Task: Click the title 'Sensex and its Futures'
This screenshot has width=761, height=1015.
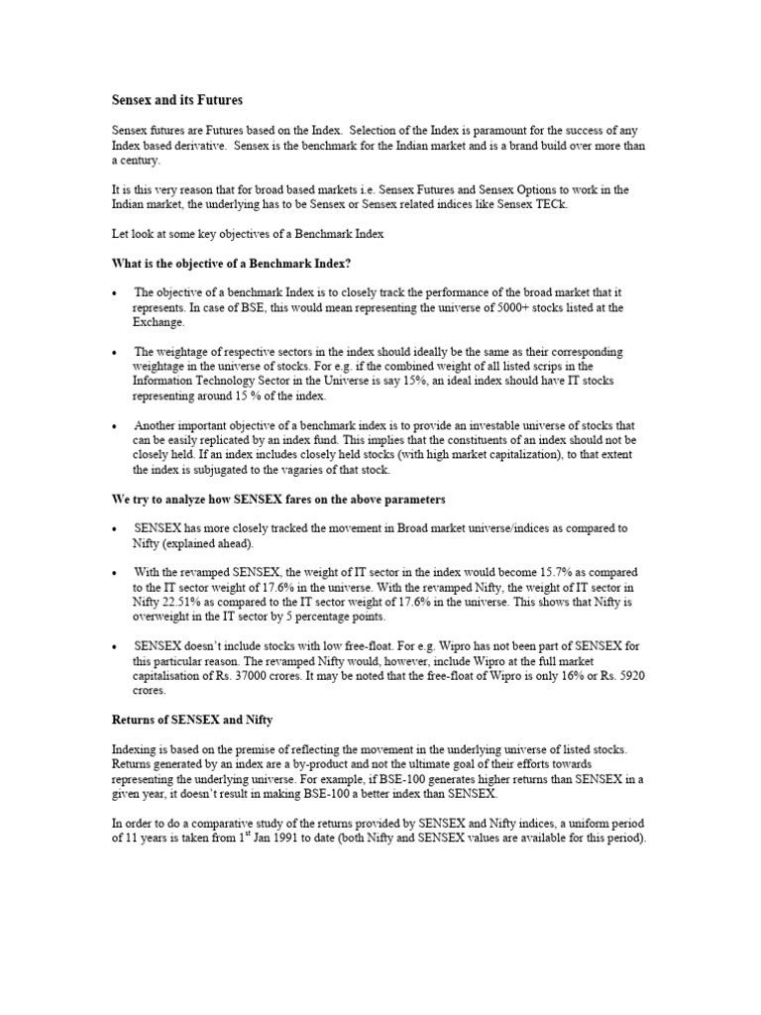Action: click(174, 100)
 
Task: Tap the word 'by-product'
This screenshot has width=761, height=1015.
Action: click(326, 766)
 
